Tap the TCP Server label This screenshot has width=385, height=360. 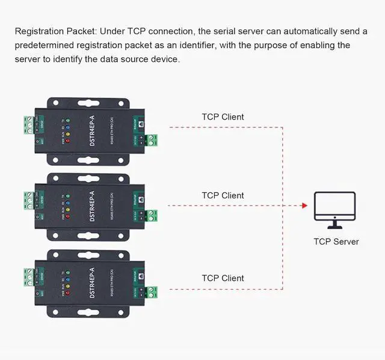pos(336,242)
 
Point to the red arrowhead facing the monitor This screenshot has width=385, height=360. pos(304,206)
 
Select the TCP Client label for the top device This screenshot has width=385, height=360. pos(223,117)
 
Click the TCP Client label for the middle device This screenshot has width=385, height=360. pos(223,195)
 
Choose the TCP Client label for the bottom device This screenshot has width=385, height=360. pos(223,278)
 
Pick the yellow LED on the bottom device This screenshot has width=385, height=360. pos(68,285)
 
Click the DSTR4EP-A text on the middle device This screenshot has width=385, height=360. pos(92,201)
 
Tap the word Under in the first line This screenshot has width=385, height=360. pos(112,31)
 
